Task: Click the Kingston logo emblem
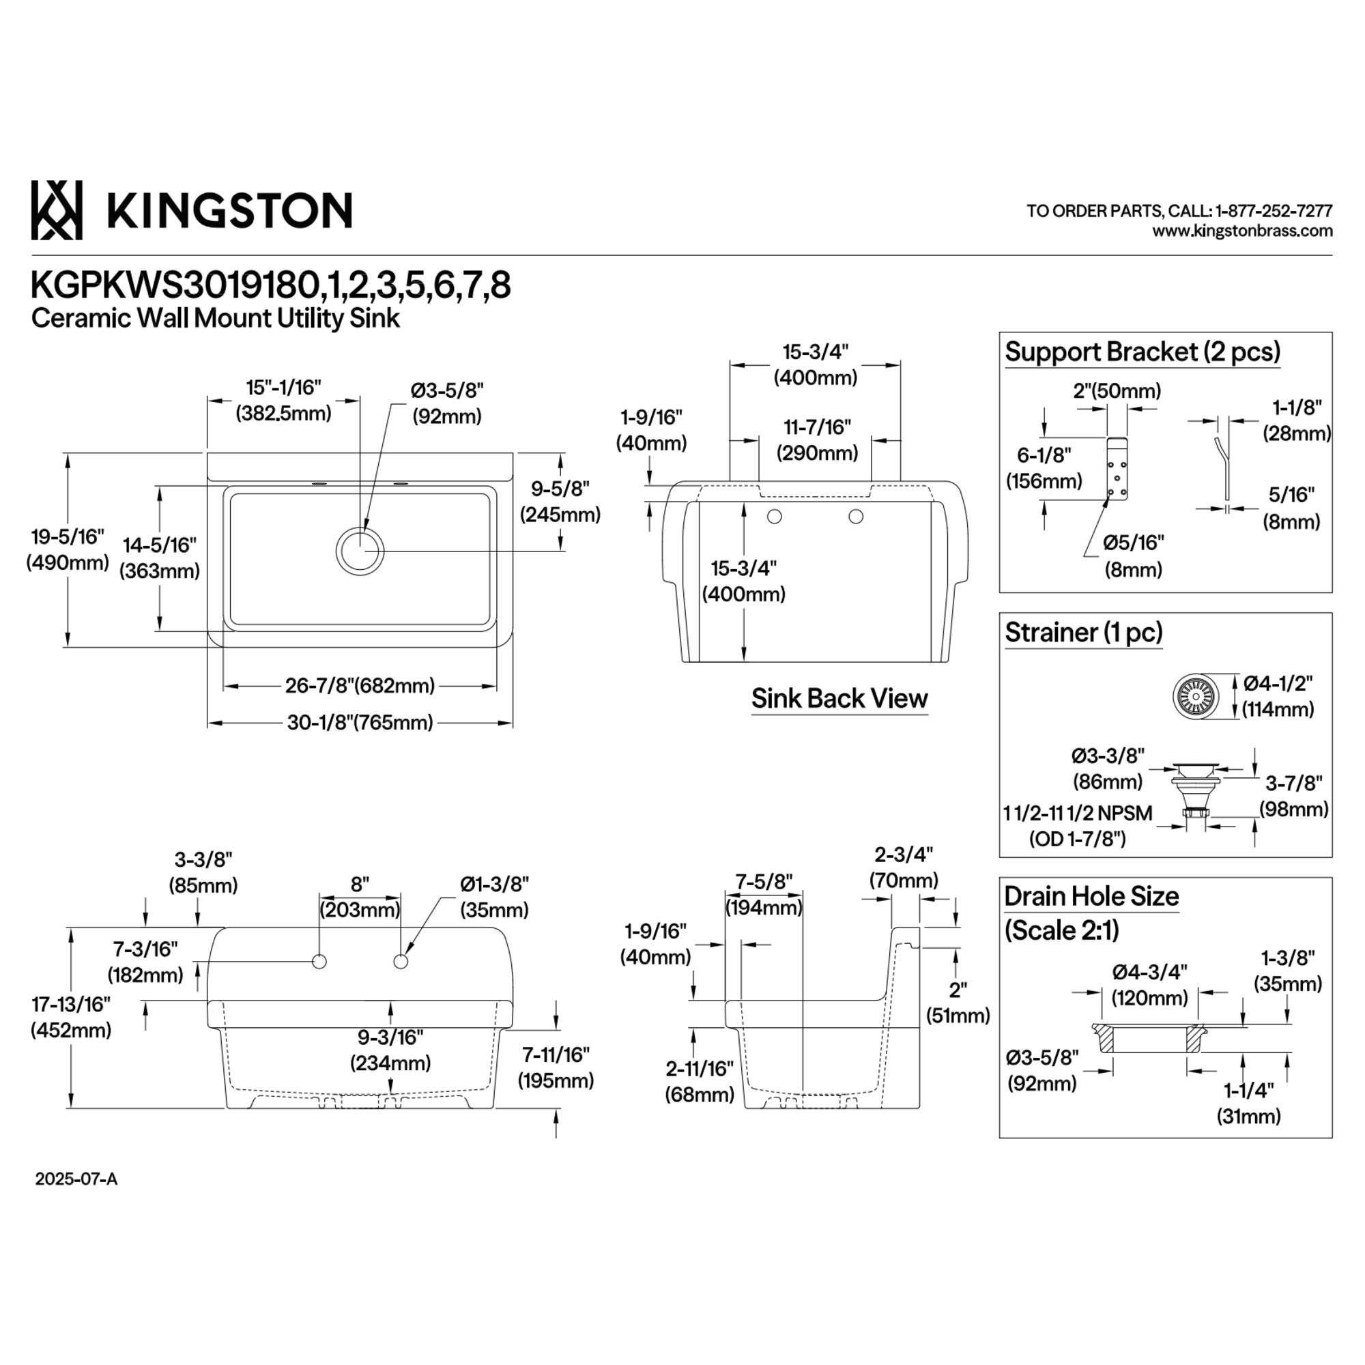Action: pos(57,210)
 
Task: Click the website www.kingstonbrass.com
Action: pos(1242,231)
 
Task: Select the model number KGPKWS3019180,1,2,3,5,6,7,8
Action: pos(270,286)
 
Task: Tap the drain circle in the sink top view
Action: pos(360,550)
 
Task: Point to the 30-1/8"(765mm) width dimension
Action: pos(360,723)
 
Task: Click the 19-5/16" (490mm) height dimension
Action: pos(68,549)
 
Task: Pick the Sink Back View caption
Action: pos(839,698)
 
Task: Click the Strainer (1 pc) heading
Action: pos(1084,631)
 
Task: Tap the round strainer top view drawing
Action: pos(1196,696)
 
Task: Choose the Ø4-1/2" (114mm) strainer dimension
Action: pos(1278,696)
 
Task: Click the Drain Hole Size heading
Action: pos(1091,896)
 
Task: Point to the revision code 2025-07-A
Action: pos(76,1179)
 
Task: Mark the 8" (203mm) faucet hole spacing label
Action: pos(360,897)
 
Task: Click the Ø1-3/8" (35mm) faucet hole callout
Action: pos(495,897)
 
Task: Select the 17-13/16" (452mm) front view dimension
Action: pos(71,1018)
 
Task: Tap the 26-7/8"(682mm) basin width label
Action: pos(360,685)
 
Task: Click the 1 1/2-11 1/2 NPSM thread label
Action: pos(1078,814)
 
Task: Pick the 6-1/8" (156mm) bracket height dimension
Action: pos(1044,468)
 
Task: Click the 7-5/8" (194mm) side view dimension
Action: pos(764,894)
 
